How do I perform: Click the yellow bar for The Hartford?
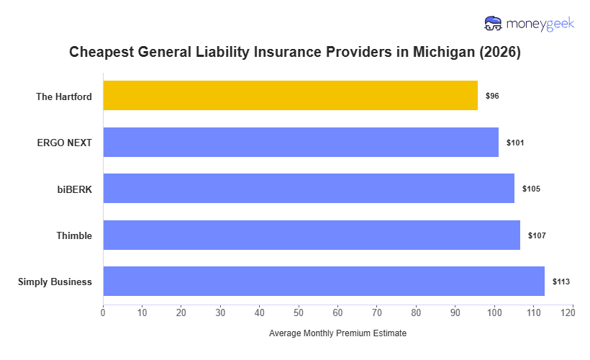290,96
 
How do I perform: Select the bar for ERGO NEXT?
301,142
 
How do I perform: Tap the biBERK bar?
309,189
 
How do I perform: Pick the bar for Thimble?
312,235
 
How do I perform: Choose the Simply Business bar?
324,282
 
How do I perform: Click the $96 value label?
492,96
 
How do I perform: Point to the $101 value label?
515,143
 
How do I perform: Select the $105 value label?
531,189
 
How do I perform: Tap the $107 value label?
537,235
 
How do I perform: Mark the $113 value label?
561,282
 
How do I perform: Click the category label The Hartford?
64,96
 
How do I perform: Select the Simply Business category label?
55,282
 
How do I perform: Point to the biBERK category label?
75,189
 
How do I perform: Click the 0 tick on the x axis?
103,312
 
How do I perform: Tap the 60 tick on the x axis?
337,312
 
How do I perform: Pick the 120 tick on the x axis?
572,312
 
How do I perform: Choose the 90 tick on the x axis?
455,312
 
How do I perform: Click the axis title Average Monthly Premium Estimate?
337,334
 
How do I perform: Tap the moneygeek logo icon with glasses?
494,24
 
